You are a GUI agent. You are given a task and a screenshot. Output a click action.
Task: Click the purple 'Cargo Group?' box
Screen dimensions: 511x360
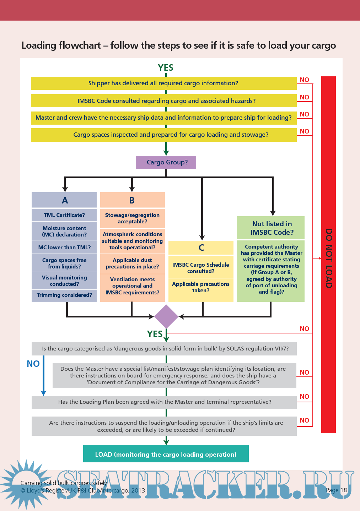click(166, 162)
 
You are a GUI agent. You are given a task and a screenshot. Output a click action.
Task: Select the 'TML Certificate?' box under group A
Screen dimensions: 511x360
click(64, 215)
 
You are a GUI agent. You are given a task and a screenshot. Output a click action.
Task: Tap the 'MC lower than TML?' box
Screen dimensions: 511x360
click(64, 248)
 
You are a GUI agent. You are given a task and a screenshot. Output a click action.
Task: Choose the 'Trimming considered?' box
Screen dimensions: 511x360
click(64, 295)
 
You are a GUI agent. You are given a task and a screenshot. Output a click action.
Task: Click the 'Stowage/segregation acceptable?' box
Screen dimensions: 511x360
click(132, 218)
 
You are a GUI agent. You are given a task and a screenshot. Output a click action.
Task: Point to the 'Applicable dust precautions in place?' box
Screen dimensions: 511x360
click(132, 263)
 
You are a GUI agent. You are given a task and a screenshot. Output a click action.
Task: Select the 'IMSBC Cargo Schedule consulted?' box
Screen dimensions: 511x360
click(201, 268)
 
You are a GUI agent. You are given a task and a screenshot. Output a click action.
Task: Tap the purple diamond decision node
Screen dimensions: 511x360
click(166, 316)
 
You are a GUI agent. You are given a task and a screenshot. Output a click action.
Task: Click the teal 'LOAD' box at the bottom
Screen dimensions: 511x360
click(166, 454)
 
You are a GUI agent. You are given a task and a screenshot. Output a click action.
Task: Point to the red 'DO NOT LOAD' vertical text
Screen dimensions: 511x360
click(329, 258)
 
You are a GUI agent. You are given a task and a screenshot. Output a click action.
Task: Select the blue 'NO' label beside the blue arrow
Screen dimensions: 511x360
click(33, 364)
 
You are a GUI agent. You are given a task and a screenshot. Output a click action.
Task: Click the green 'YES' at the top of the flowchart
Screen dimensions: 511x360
click(166, 68)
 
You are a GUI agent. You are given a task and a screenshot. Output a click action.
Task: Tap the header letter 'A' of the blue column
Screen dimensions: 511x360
click(64, 201)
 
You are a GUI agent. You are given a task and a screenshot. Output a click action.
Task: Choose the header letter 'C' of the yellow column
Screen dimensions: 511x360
click(201, 248)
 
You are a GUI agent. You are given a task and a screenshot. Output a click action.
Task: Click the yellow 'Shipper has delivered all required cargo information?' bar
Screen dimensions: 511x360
click(163, 83)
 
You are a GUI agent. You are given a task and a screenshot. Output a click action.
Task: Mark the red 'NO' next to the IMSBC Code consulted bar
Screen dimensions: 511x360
click(305, 97)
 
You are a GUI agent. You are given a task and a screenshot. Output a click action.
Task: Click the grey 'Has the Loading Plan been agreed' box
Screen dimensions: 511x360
click(164, 402)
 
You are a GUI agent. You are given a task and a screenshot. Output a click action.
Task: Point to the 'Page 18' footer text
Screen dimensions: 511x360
click(336, 490)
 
